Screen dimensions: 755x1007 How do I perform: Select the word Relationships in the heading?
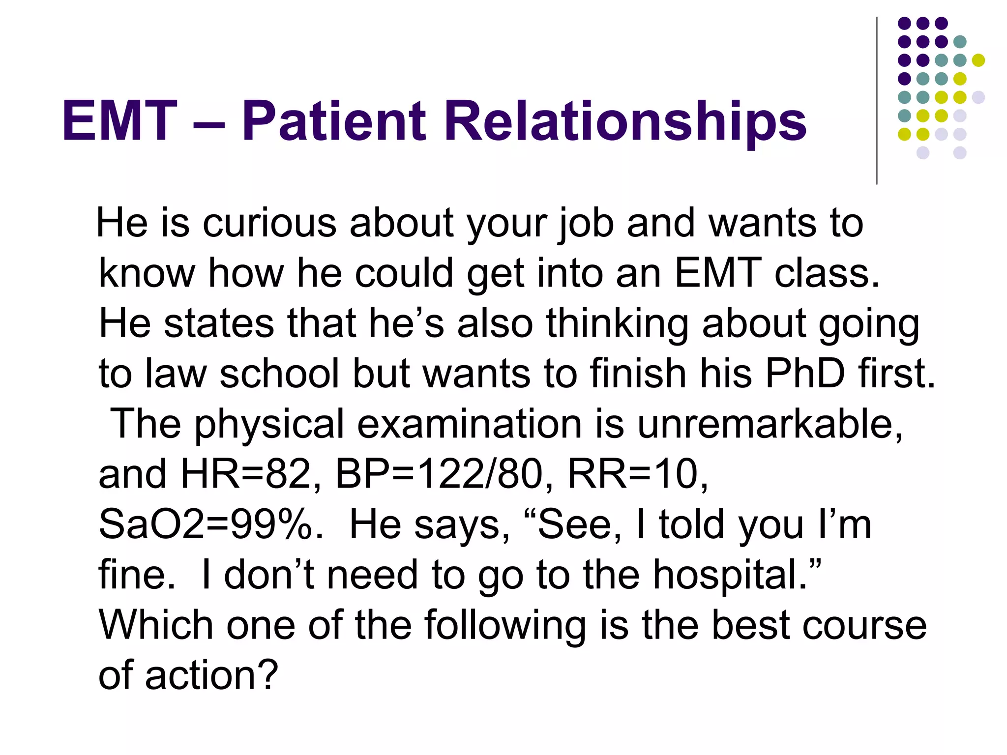coord(625,122)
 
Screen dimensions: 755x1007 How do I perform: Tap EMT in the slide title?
coord(119,121)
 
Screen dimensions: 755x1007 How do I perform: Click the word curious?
coord(269,223)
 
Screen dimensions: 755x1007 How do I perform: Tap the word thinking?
coord(617,324)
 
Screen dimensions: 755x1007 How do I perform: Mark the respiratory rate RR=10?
coord(637,475)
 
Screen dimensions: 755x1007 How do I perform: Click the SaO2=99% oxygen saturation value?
coord(210,525)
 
